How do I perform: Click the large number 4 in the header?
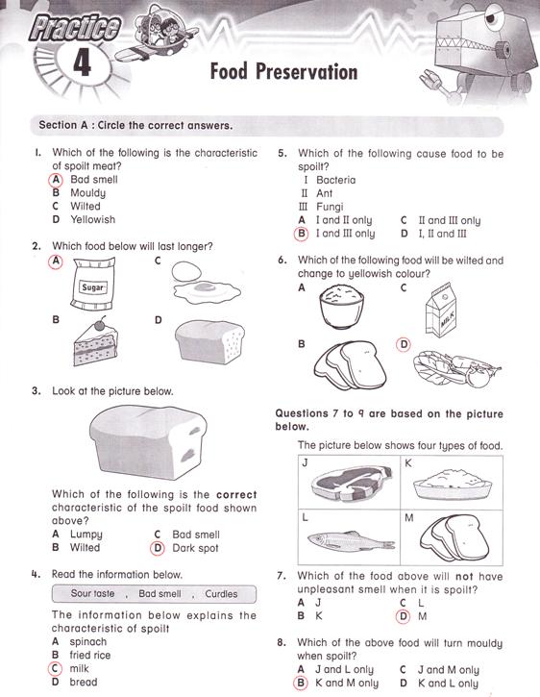coord(81,65)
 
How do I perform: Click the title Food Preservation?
coord(283,73)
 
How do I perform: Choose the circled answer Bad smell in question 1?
coord(93,179)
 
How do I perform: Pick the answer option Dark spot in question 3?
coord(195,548)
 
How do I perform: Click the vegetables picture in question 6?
coord(454,364)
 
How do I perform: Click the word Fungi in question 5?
coord(330,207)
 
